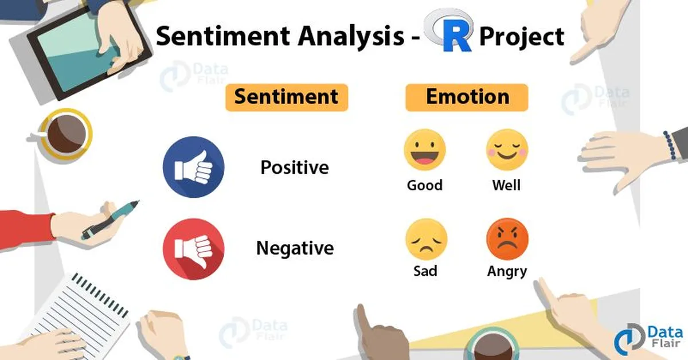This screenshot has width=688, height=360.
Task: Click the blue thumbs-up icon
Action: [194, 169]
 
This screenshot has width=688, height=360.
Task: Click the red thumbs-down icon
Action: [194, 248]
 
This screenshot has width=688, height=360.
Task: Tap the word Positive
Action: [295, 167]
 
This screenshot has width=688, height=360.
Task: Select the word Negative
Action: [295, 248]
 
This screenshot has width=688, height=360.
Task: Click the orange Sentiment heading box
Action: [286, 97]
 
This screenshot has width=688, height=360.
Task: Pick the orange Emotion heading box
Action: [467, 97]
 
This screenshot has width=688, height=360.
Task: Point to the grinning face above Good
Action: [424, 150]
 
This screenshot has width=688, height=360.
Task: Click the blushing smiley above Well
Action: [507, 150]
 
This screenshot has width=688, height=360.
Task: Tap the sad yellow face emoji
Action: [425, 240]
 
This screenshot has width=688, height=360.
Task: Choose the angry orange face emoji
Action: [507, 240]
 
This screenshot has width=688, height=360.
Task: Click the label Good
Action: [424, 185]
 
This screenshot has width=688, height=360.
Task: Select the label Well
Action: [506, 185]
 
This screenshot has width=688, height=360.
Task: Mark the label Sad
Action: [425, 271]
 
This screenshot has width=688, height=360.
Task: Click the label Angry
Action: [507, 271]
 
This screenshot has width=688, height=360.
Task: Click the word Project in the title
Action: [521, 37]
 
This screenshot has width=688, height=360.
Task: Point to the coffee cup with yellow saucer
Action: [65, 134]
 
